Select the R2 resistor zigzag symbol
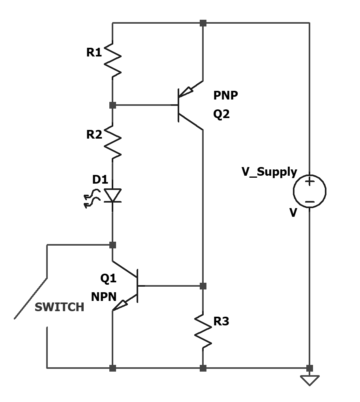pos(112,142)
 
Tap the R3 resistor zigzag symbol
pos(203,331)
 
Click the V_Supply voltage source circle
pos(309,191)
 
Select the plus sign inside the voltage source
pos(309,182)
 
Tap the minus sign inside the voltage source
pos(309,202)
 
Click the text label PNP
pos(225,96)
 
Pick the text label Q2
pos(221,114)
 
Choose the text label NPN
pos(104,297)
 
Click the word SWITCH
pos(60,307)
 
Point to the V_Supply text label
pos(269,172)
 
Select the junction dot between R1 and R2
pos(112,105)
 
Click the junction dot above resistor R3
pos(203,286)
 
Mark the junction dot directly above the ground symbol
pos(309,368)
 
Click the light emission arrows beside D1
pos(92,198)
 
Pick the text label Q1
pos(108,278)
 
